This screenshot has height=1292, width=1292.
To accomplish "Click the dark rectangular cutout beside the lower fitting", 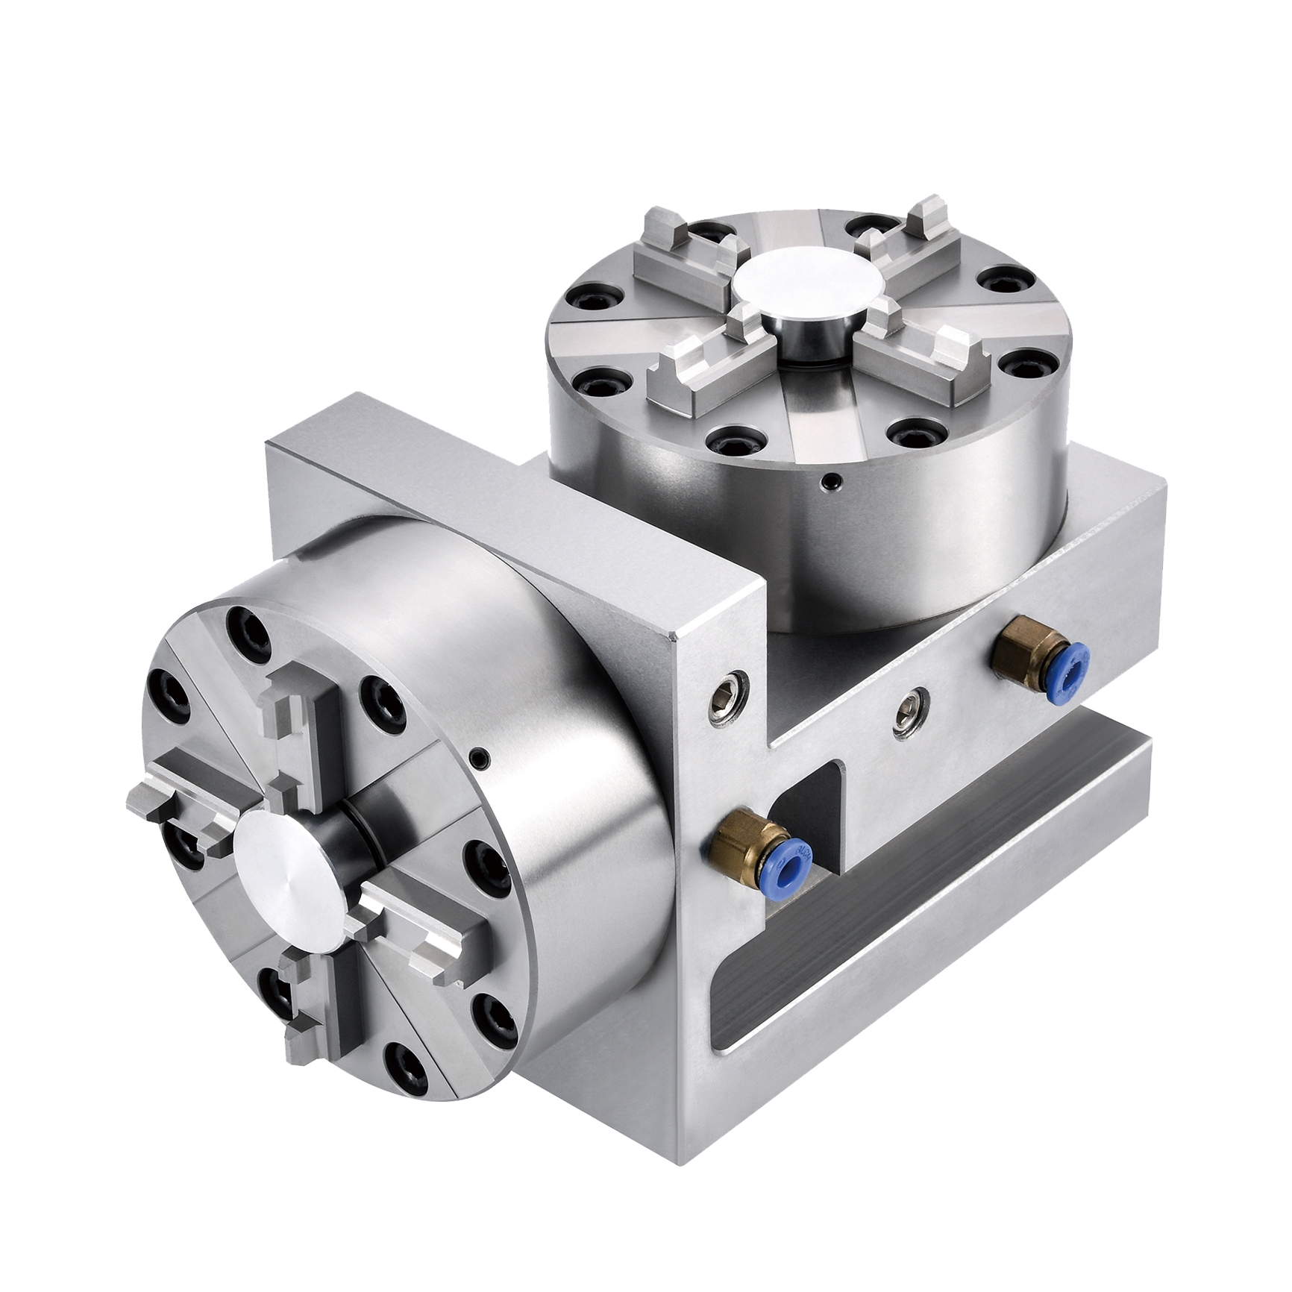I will pos(809,802).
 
